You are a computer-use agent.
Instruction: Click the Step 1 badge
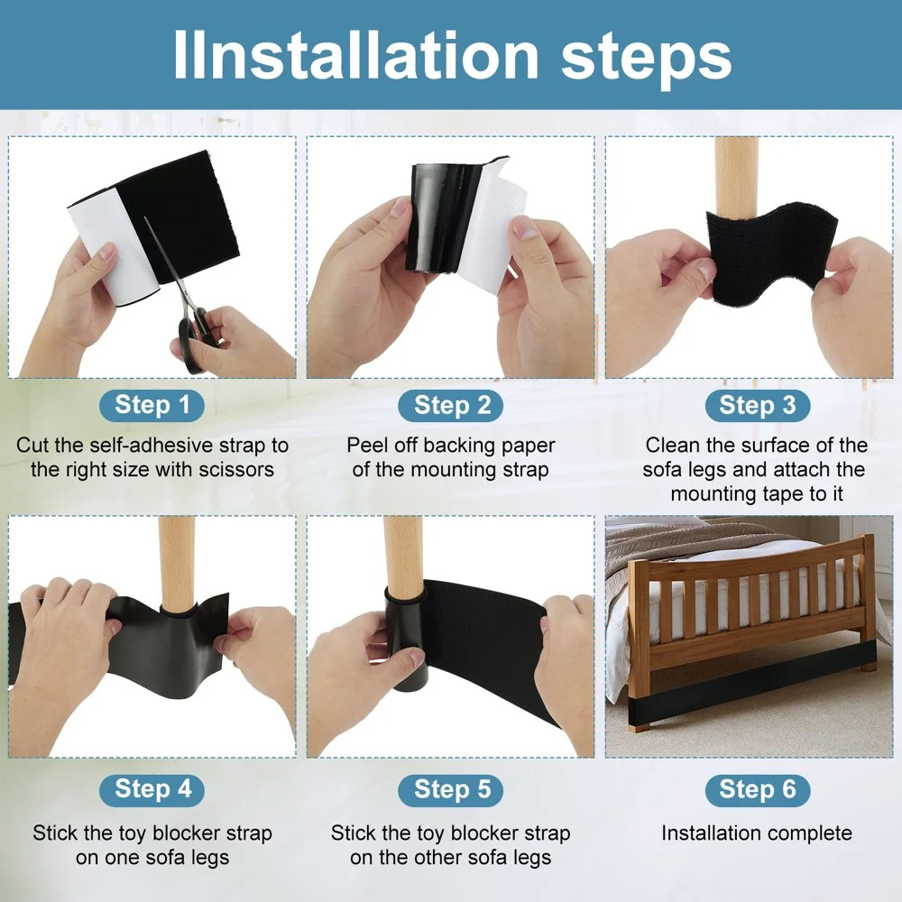(x=152, y=406)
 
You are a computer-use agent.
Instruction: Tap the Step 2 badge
(x=451, y=406)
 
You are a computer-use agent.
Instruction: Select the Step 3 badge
(x=758, y=406)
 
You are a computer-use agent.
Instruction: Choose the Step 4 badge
(x=152, y=789)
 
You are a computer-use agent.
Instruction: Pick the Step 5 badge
(x=451, y=789)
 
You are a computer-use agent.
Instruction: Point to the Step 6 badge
(x=758, y=789)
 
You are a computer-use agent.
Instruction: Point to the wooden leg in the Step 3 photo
(x=734, y=179)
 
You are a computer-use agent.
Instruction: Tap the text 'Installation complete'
(x=757, y=833)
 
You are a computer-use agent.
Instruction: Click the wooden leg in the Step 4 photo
(x=177, y=564)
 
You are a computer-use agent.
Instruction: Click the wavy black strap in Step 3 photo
(x=771, y=254)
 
